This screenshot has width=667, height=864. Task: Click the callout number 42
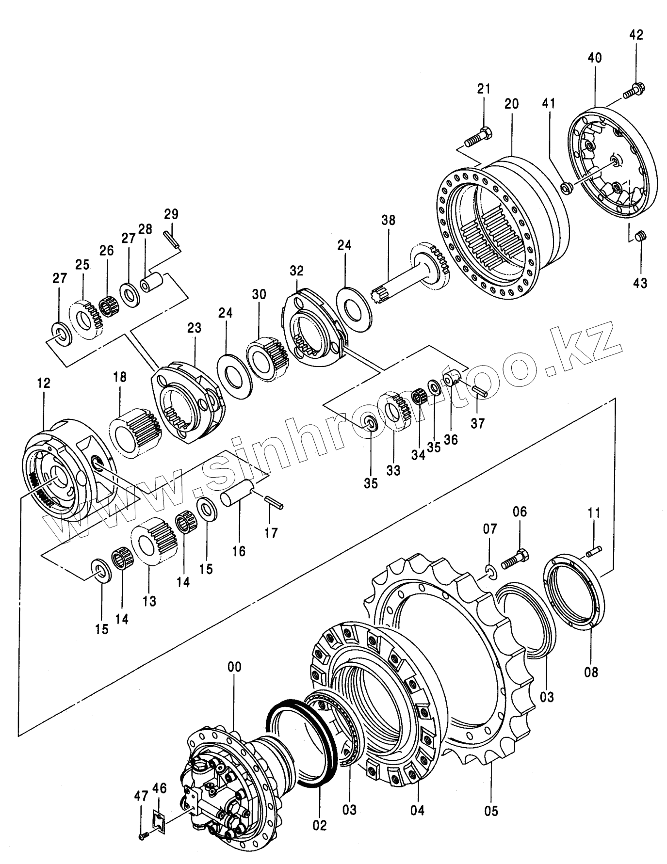[636, 35]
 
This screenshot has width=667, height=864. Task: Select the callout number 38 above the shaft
[388, 220]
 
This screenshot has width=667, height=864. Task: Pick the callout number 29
[171, 214]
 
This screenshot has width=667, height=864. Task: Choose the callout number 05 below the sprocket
[491, 810]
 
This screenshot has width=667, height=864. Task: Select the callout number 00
[234, 667]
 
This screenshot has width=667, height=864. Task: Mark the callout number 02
[320, 824]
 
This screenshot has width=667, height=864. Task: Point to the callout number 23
[194, 328]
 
